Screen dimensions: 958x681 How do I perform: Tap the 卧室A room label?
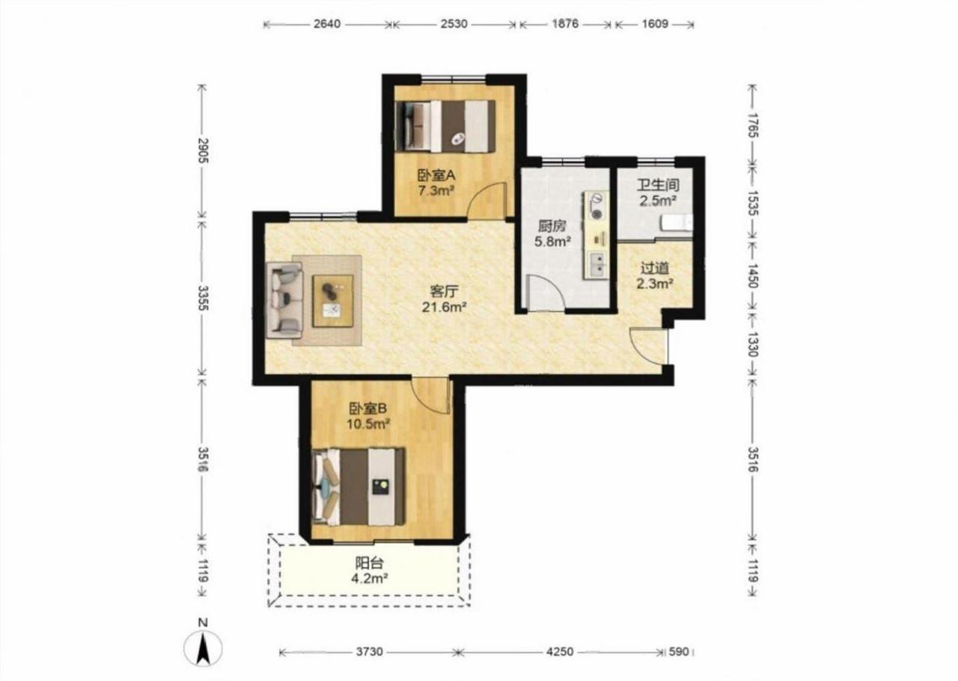[436, 175]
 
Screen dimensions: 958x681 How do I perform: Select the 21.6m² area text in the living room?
[444, 307]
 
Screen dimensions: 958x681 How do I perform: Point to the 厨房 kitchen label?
[552, 226]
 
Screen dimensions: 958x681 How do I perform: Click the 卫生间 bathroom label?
[658, 185]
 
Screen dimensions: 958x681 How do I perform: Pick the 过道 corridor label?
[654, 268]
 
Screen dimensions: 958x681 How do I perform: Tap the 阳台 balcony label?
[369, 563]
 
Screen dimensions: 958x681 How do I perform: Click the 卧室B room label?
[367, 409]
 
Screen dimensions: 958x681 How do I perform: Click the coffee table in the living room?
[333, 301]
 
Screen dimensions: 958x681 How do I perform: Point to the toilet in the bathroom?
[677, 223]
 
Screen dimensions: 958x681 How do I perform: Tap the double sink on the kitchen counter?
[597, 265]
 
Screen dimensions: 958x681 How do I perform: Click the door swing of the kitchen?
[546, 292]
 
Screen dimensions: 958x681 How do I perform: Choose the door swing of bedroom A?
[486, 201]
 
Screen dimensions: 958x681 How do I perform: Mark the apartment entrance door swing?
[649, 346]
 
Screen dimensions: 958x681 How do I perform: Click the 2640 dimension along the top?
[327, 24]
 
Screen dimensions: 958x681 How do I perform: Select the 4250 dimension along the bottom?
[560, 652]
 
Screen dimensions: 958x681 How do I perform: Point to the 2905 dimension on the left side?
[203, 150]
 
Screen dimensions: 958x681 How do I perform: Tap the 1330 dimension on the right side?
[753, 344]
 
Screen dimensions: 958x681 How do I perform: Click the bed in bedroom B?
[359, 486]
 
